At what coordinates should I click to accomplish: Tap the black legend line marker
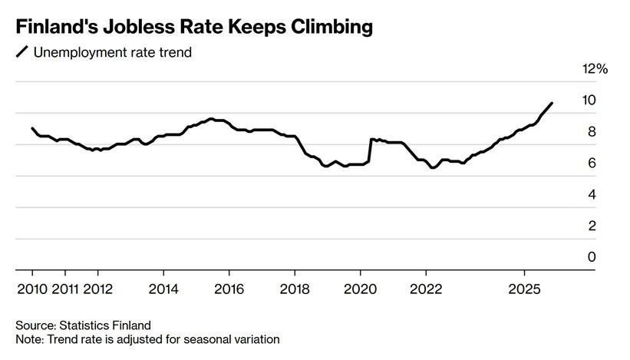21,52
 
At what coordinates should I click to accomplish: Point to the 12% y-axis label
595,69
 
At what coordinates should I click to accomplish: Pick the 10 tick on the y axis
589,101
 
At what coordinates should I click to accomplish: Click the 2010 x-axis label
31,289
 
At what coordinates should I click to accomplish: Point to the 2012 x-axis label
97,289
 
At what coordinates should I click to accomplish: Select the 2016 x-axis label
229,289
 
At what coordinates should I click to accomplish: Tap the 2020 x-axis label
361,289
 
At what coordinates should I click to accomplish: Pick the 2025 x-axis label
525,289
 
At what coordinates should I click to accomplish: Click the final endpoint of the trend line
552,103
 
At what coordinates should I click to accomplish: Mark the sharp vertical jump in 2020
370,150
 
